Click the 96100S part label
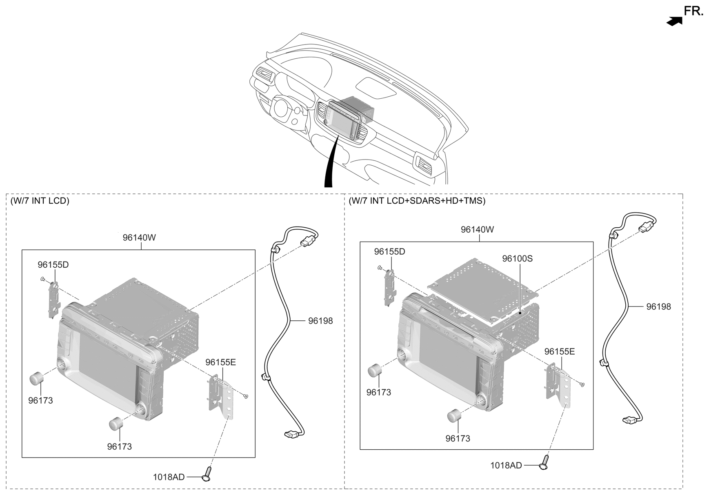coord(517,259)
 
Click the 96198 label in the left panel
coord(320,321)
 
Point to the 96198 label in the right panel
coord(658,307)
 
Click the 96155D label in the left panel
coord(53,265)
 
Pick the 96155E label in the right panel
coord(559,351)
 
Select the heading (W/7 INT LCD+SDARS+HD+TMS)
coord(417,201)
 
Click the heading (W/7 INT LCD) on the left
coord(40,201)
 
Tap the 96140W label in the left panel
coord(139,238)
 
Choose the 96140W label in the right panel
coord(477,229)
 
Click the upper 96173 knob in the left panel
coord(37,378)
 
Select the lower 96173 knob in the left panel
coord(116,424)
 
